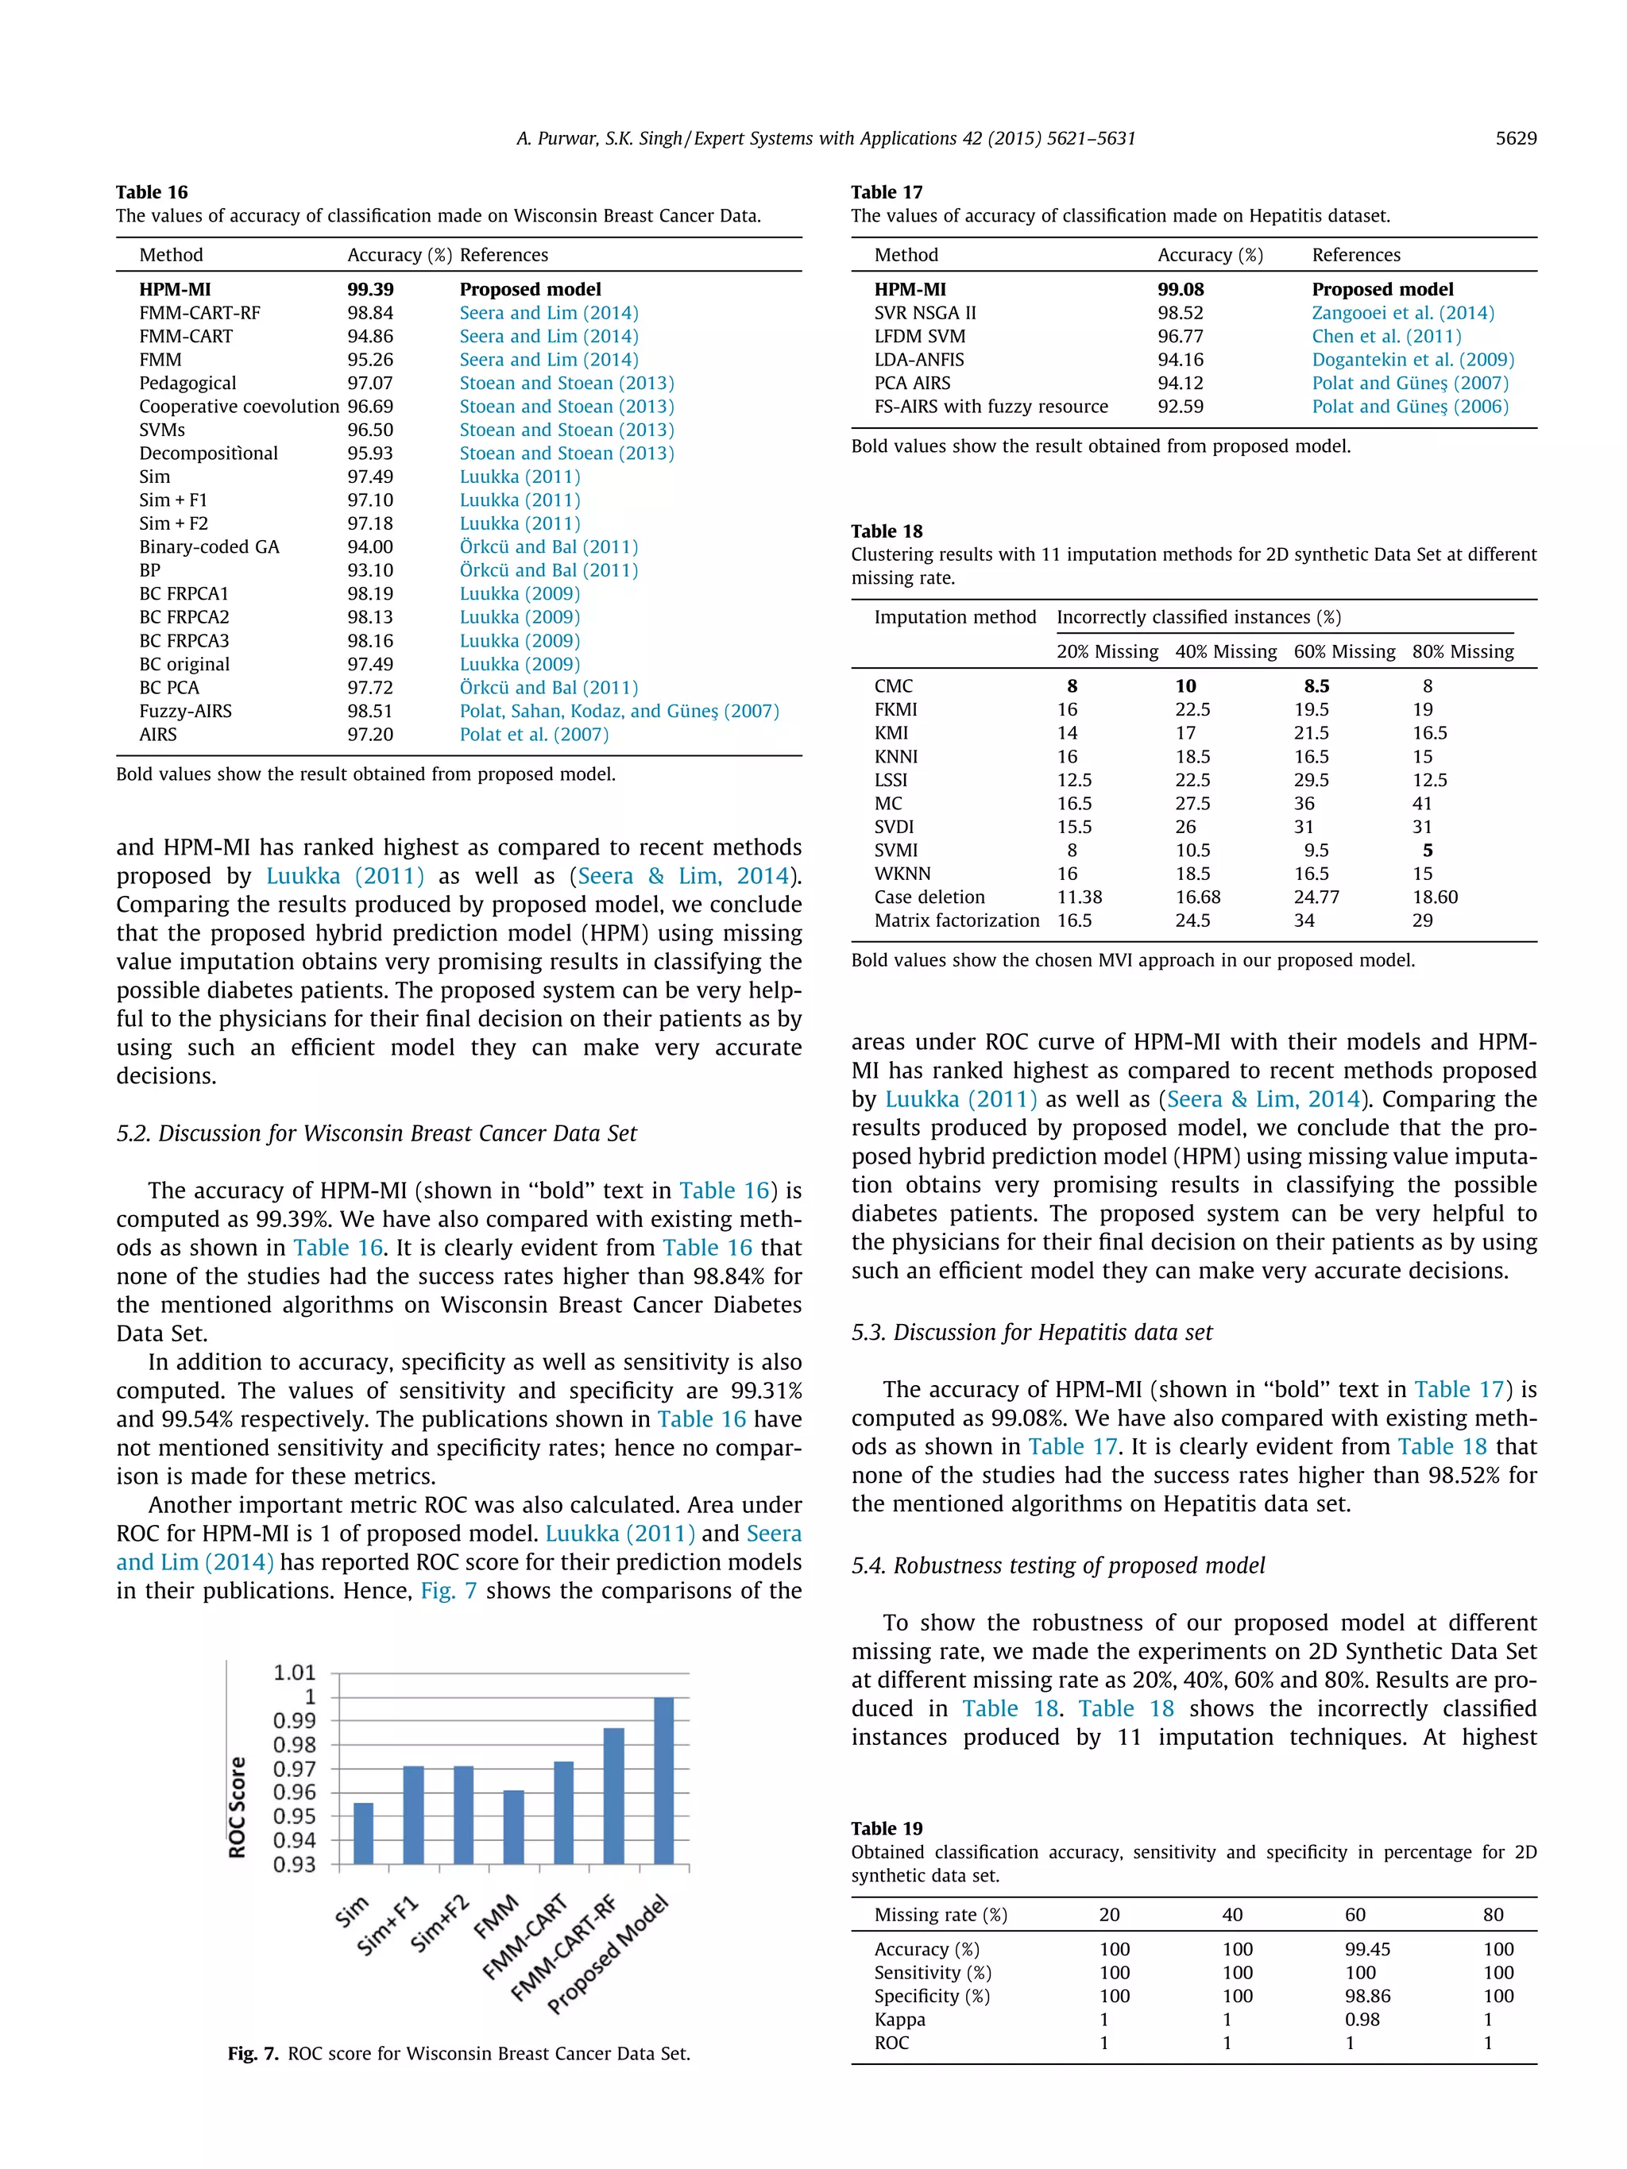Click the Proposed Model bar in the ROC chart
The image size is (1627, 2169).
coord(663,1780)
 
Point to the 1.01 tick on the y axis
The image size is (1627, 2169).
coord(294,1673)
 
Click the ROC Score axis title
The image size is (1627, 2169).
coord(238,1806)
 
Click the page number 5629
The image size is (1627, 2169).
coord(1515,138)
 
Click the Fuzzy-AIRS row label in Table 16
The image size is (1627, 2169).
coord(185,711)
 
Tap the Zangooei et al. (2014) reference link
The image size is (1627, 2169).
coord(1402,313)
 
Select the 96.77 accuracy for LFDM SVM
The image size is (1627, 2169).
coord(1180,336)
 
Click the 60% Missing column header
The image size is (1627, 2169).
coord(1343,651)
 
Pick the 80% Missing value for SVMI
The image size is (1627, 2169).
coord(1427,850)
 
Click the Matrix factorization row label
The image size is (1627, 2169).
coord(956,920)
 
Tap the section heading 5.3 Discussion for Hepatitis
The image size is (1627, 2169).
coord(1032,1333)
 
